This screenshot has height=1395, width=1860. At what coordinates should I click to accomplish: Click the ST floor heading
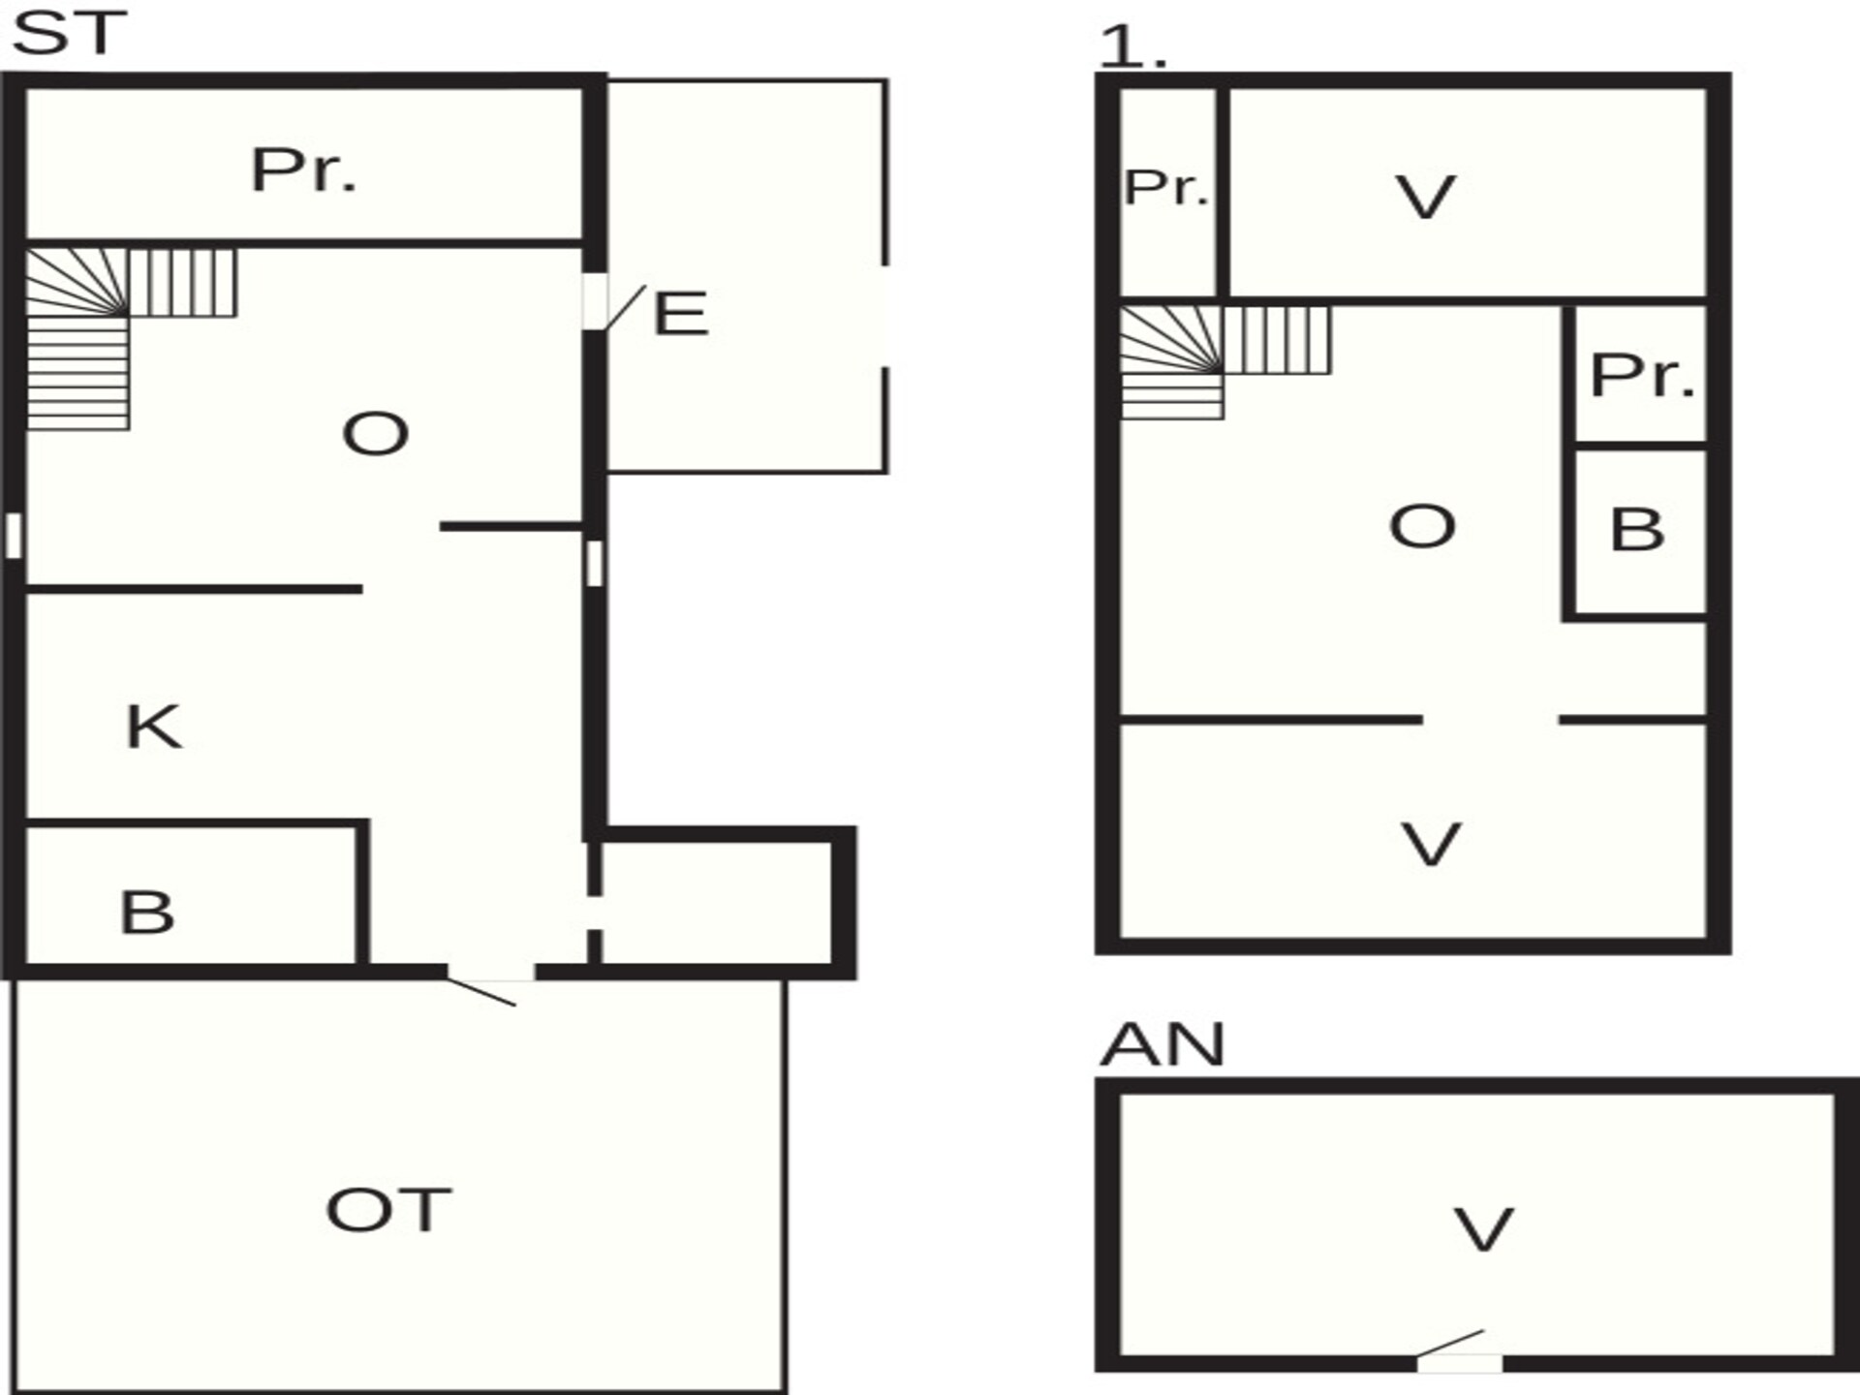(x=69, y=34)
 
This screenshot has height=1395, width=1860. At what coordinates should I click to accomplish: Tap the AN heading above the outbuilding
(x=1162, y=1044)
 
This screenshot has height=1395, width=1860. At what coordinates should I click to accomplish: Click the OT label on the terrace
(x=388, y=1210)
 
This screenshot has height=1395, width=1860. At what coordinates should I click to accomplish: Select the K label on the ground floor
(x=154, y=727)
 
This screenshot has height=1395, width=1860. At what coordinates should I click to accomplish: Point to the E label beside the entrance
(x=680, y=314)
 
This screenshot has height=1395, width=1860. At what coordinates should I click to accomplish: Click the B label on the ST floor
(x=147, y=913)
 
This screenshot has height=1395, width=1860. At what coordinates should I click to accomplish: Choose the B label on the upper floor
(x=1637, y=530)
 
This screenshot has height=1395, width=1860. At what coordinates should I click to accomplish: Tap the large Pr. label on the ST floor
(x=304, y=170)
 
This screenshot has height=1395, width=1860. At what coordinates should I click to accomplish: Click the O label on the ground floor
(x=376, y=433)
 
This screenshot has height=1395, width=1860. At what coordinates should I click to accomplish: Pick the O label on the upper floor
(x=1422, y=527)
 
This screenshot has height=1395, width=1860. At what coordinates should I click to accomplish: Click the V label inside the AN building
(x=1483, y=1229)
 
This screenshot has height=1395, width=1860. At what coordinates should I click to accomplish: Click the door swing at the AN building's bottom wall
(x=1450, y=1344)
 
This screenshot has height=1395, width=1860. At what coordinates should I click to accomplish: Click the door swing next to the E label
(x=626, y=307)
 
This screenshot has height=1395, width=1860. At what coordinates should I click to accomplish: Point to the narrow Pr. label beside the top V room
(x=1167, y=188)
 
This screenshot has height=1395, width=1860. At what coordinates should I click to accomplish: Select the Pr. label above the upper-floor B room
(x=1643, y=375)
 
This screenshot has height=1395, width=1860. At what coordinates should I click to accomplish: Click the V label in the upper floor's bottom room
(x=1431, y=844)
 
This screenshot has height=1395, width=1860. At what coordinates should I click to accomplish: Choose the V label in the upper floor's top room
(x=1425, y=198)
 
